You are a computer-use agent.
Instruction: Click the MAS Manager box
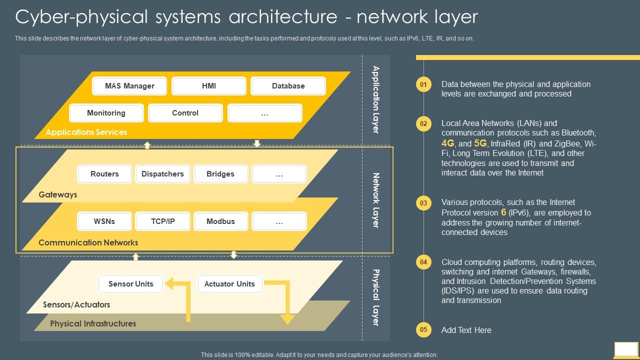129,86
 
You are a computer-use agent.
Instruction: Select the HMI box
208,86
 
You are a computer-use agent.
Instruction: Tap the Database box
288,86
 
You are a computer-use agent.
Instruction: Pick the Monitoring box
106,113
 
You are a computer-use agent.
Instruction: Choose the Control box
185,113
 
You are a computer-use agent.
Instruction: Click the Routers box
104,174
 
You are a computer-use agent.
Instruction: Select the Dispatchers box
162,174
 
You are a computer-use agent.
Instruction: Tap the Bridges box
220,174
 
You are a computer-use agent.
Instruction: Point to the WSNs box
104,221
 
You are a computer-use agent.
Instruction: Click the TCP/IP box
162,221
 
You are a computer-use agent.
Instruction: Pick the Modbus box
220,221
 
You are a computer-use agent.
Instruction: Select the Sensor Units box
131,284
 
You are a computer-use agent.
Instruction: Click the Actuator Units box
229,284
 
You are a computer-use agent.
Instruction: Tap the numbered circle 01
423,84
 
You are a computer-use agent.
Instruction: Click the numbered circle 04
423,262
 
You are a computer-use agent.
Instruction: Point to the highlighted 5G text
480,143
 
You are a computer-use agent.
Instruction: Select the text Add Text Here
466,330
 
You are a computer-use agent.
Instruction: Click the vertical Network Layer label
376,200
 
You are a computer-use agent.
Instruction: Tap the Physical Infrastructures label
93,323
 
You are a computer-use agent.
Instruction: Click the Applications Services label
86,132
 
